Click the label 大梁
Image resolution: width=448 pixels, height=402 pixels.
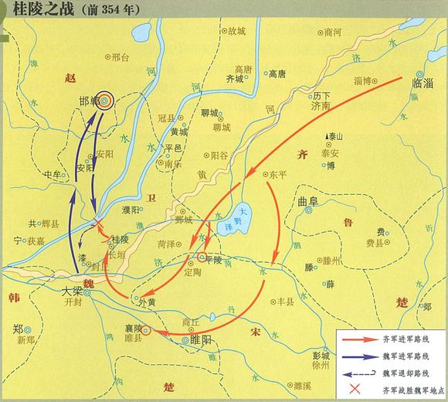[71, 292]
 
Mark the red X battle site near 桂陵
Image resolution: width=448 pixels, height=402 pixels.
[97, 227]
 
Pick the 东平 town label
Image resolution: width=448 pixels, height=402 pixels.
[277, 175]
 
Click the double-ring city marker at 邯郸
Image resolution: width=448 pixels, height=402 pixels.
[105, 99]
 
